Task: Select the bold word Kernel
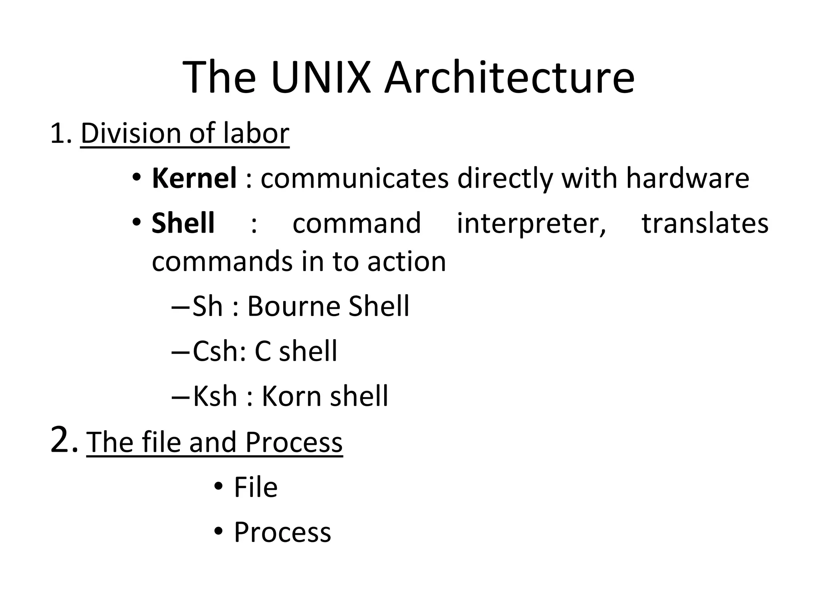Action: [194, 178]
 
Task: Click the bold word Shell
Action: [183, 223]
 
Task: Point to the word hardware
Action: [687, 178]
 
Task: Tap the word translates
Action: [705, 223]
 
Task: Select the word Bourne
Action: [294, 306]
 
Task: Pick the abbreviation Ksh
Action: [215, 396]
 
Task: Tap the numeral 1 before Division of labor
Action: [57, 134]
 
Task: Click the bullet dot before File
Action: [218, 486]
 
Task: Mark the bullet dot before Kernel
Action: [137, 177]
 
